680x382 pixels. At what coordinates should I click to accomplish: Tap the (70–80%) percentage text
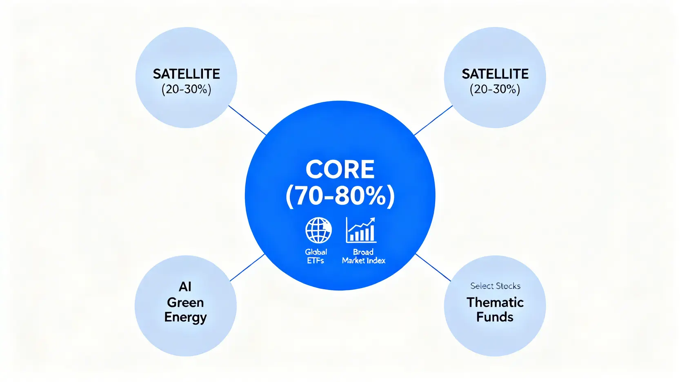[x=340, y=196]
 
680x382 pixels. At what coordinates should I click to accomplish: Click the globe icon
[x=318, y=230]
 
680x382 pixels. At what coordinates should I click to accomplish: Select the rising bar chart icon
[x=361, y=230]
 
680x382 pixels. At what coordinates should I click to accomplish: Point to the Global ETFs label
[x=316, y=256]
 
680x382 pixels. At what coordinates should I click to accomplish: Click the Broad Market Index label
[x=363, y=256]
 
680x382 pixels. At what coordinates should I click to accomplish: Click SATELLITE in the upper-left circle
[x=187, y=74]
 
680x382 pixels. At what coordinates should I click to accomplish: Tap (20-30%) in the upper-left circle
[x=187, y=89]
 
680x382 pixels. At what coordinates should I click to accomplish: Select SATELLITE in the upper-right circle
[x=495, y=74]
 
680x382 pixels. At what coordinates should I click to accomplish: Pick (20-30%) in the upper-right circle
[x=495, y=89]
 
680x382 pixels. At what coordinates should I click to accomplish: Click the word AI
[x=185, y=287]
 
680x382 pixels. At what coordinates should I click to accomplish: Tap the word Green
[x=185, y=302]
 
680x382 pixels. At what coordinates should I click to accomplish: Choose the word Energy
[x=185, y=318]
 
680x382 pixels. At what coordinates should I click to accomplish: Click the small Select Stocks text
[x=495, y=286]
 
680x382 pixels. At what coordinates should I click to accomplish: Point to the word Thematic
[x=495, y=302]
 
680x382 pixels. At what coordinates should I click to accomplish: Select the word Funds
[x=495, y=317]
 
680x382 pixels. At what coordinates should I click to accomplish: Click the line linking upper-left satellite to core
[x=247, y=120]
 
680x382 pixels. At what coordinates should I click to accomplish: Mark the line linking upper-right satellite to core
[x=433, y=120]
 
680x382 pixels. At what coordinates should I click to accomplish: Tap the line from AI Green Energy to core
[x=247, y=268]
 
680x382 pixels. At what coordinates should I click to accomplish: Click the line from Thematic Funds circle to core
[x=433, y=268]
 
